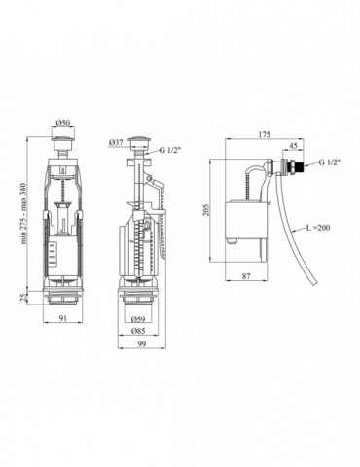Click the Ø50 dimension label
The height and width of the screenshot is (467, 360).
62,123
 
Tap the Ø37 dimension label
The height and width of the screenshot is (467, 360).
116,142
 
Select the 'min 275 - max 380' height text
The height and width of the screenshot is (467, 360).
23,213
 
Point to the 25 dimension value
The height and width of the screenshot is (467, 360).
23,298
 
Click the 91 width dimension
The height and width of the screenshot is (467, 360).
63,318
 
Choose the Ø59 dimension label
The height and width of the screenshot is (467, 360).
138,319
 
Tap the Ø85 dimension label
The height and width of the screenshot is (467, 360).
138,331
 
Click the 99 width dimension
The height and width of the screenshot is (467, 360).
141,344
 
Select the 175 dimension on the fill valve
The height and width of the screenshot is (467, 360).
265,134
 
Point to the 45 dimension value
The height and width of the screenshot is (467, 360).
293,146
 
